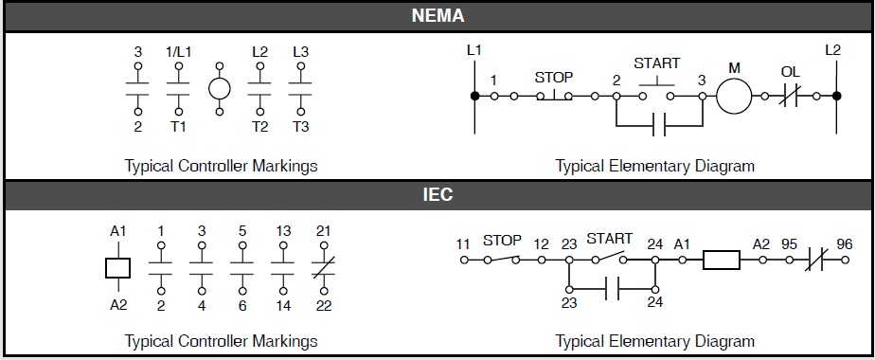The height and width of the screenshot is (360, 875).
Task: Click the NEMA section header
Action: coord(437,16)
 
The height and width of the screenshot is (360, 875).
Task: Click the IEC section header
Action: coord(437,196)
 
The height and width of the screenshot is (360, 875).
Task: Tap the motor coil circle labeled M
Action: coord(734,95)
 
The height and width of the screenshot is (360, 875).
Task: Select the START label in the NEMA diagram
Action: coord(656,63)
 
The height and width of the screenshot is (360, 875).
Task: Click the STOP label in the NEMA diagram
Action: coord(554,77)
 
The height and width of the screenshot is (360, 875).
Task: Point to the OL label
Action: coord(791,71)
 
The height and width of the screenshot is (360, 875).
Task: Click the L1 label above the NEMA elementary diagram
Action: coord(474,49)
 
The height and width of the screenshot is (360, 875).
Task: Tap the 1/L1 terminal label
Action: coord(178,51)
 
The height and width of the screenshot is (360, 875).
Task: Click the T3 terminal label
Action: coord(300,126)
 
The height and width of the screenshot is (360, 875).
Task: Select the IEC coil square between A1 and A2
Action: coord(117,266)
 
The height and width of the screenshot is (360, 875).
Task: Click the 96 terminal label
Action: coord(846,243)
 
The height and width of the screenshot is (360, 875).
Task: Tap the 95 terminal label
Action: coord(790,243)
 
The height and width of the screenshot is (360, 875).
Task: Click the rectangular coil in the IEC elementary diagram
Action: coord(721,259)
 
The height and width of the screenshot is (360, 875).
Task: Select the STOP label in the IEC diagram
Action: coord(503,241)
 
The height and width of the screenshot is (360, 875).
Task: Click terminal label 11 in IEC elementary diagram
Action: coord(463,244)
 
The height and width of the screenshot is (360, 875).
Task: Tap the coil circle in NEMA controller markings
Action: coord(220,90)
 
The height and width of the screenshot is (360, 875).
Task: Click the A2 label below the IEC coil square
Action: coord(117,305)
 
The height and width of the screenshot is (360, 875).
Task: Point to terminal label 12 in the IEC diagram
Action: coord(541,244)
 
